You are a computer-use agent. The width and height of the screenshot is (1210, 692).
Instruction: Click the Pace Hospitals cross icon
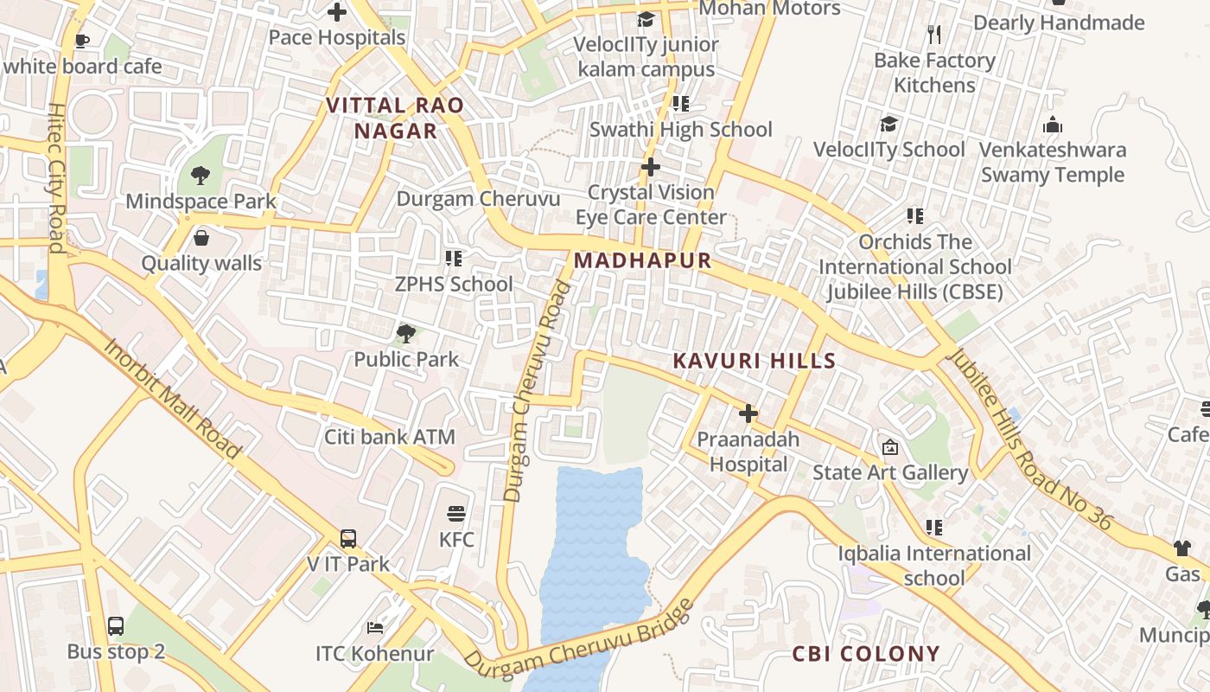pos(337,12)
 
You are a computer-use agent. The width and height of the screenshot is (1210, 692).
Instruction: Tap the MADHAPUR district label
pos(642,260)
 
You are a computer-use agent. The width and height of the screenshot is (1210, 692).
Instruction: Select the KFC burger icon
pos(456,514)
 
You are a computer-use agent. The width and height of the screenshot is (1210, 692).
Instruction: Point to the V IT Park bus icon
pos(347,539)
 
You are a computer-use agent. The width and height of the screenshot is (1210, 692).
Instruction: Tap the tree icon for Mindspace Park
pos(201,176)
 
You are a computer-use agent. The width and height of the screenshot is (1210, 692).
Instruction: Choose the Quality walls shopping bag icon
pos(201,238)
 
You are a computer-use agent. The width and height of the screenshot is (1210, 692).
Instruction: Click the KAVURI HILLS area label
pos(755,362)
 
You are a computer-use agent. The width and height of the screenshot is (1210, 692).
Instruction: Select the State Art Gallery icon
pos(889,447)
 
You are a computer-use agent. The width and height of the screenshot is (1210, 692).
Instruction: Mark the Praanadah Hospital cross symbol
pos(748,413)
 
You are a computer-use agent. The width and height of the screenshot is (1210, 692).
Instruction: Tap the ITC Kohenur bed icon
pos(374,627)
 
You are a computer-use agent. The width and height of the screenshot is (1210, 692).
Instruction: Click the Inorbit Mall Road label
pos(172,399)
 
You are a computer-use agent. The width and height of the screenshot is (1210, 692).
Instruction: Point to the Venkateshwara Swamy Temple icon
pos(1052,125)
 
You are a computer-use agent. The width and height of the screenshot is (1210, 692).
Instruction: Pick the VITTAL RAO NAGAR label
pos(395,119)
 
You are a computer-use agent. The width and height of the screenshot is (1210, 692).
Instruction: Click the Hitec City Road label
pos(56,178)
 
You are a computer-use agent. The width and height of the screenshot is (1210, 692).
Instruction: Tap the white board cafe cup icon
pos(82,41)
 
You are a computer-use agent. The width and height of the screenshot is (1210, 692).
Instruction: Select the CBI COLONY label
pos(866,654)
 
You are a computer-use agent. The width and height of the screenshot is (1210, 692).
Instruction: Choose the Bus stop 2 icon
pos(116,626)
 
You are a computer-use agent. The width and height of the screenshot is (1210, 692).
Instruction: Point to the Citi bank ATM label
pos(389,437)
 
